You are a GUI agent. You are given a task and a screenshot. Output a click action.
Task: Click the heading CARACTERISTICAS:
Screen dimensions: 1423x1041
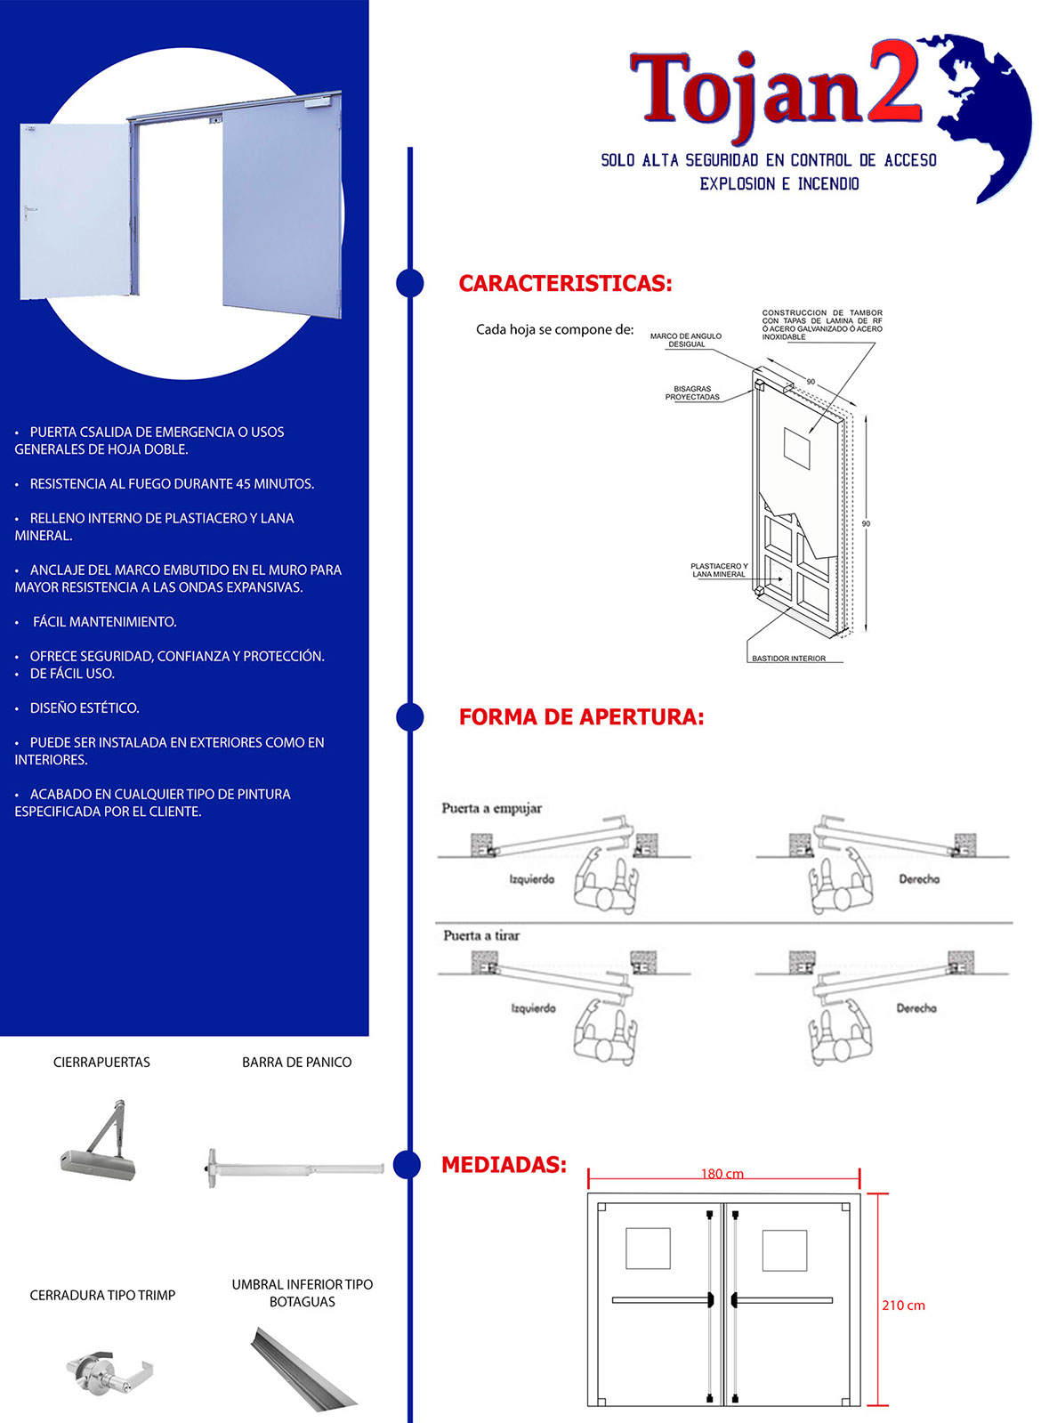[565, 284]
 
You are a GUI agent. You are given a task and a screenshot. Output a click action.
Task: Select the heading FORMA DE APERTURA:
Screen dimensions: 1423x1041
[581, 717]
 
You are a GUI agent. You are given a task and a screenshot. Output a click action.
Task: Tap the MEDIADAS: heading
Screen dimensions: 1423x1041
[504, 1165]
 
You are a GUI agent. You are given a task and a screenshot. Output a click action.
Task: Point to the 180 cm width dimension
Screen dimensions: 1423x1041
[722, 1174]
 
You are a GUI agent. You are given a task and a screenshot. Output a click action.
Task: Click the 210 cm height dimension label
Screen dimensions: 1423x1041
[903, 1306]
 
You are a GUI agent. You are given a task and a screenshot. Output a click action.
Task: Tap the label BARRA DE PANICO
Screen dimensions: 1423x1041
[296, 1063]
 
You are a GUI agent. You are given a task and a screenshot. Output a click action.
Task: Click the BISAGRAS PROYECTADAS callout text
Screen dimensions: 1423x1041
[692, 393]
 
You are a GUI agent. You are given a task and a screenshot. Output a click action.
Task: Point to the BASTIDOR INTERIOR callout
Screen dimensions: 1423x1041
[788, 659]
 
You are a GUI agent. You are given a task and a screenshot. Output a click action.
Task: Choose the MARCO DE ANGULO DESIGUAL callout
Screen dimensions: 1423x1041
[686, 340]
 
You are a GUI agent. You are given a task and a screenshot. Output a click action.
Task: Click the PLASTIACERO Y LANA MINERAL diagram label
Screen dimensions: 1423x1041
[719, 570]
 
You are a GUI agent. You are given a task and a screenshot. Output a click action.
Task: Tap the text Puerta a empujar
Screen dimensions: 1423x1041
[491, 808]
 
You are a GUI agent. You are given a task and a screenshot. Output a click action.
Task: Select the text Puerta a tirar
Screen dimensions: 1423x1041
[481, 935]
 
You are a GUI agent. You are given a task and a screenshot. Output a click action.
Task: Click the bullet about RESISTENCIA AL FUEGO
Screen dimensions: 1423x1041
[172, 484]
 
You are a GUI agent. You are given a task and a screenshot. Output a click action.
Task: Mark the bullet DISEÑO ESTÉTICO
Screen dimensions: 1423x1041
[85, 708]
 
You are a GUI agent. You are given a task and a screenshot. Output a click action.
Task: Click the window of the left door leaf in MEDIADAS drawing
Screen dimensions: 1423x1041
[648, 1249]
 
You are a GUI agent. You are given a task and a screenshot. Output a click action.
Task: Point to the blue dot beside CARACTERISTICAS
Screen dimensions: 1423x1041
[409, 283]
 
